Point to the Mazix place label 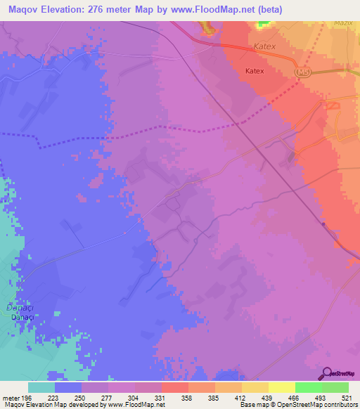[344, 23]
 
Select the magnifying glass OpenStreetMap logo [326, 374]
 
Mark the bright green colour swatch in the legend [308, 387]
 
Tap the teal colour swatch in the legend [41, 387]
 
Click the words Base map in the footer [254, 405]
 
